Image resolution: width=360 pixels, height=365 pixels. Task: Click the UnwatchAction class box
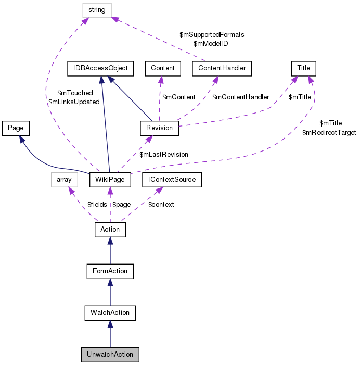110,355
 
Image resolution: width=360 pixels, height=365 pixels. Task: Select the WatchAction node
110,313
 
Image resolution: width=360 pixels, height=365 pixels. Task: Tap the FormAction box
110,271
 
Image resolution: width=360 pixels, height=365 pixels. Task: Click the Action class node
110,229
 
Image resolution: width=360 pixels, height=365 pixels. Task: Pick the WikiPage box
109,180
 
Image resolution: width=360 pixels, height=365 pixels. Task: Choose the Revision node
160,128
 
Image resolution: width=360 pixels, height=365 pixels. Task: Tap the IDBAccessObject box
100,68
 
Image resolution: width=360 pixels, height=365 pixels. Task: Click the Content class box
163,68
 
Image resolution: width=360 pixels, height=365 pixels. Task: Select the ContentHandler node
222,68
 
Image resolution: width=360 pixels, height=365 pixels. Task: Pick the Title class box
304,68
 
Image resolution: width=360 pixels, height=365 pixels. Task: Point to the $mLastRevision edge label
164,155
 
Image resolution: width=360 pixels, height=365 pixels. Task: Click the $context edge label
161,205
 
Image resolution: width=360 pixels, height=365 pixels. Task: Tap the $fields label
97,205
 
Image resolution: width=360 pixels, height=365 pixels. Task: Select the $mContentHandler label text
240,97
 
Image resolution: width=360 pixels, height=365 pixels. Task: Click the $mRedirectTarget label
329,133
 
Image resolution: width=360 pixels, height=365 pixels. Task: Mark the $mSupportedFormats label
212,34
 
